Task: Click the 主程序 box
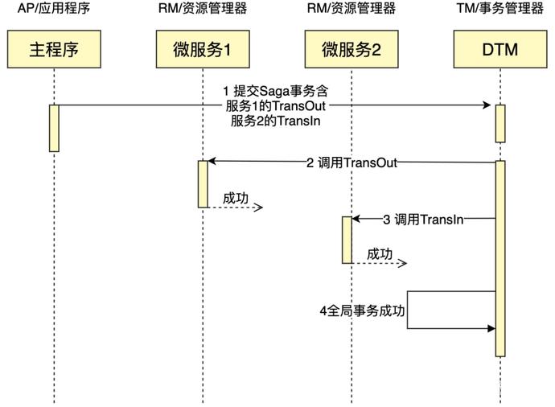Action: [54, 50]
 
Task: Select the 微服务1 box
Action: [203, 50]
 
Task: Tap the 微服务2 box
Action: [351, 50]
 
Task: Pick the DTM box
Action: [499, 50]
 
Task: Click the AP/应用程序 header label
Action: [54, 9]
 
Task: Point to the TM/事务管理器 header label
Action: [499, 9]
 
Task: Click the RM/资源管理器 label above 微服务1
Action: [203, 9]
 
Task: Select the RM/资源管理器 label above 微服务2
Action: [351, 9]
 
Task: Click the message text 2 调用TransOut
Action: [351, 162]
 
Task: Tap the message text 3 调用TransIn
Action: [422, 219]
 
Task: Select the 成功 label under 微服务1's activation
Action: [235, 197]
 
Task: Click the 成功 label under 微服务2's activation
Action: [380, 254]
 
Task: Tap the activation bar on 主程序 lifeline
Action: [54, 128]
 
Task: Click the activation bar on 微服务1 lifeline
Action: [203, 183]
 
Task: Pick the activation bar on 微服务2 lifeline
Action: [347, 240]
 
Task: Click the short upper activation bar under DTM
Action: [499, 123]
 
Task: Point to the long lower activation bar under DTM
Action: [499, 257]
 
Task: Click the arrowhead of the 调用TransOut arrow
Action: [212, 162]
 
